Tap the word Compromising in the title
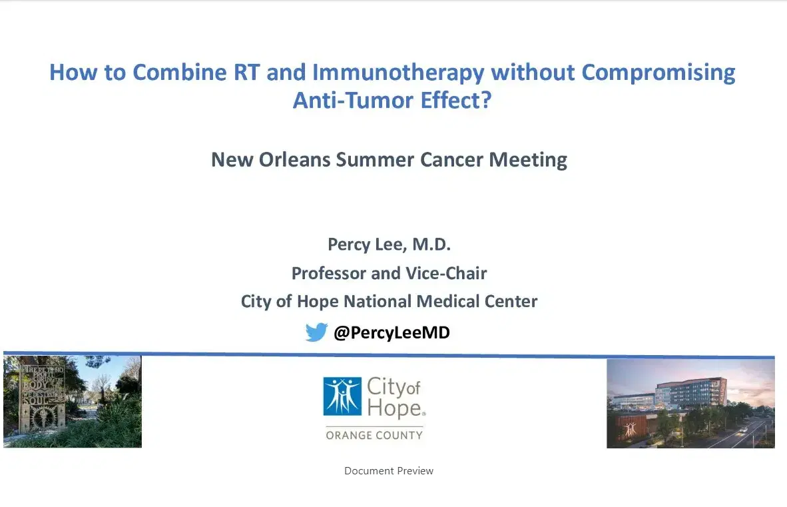pyautogui.click(x=658, y=72)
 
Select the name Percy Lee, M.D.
pyautogui.click(x=389, y=245)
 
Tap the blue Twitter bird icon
pyautogui.click(x=316, y=332)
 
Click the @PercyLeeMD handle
pyautogui.click(x=392, y=332)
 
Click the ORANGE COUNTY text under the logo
pyautogui.click(x=374, y=435)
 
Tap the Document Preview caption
pyautogui.click(x=389, y=471)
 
